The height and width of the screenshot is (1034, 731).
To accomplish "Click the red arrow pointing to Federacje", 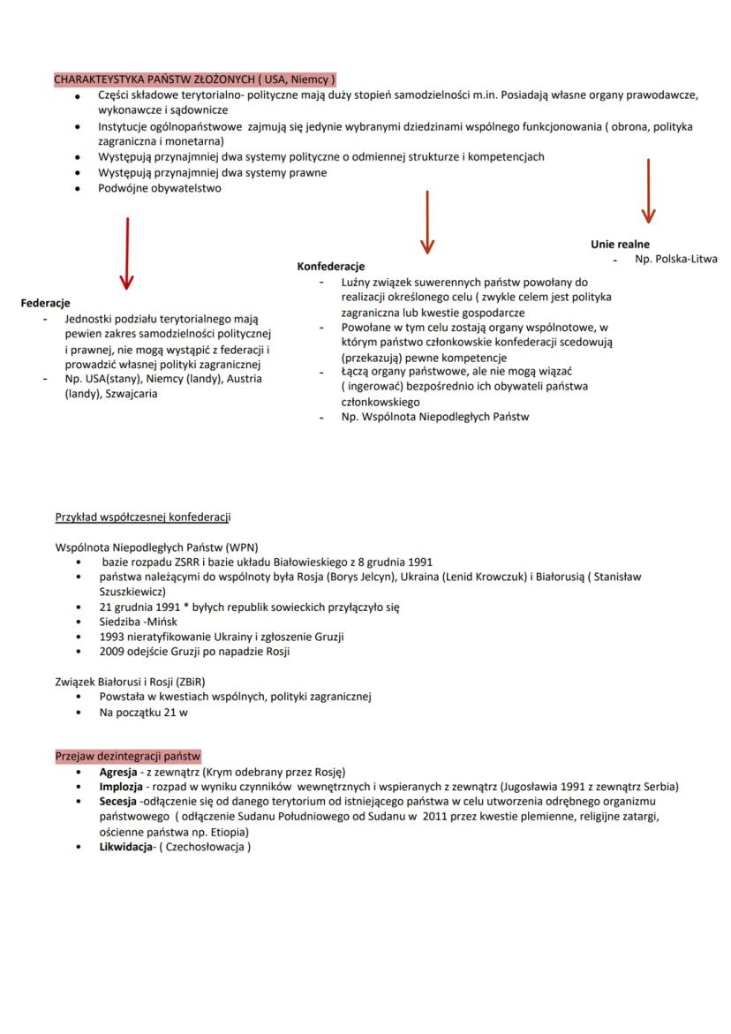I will pos(127,253).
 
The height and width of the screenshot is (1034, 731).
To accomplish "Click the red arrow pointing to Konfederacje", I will pos(427,222).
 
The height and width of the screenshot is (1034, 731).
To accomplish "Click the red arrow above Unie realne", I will pos(648,191).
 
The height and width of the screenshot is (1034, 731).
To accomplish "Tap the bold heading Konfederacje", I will pos(331,266).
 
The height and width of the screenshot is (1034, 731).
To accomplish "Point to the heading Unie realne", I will pos(620,244).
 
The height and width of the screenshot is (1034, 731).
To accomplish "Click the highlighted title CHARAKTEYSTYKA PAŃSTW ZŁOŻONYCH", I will pos(194,79).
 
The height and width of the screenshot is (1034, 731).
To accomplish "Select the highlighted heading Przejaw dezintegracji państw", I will pos(128,757).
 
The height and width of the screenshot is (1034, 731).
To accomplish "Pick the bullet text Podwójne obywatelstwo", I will pos(160,188).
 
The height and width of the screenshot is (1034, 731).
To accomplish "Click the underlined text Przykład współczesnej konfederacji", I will pos(143,517).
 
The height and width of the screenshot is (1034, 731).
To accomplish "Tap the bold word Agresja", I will pos(117,772).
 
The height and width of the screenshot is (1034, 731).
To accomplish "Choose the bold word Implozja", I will pos(121,787).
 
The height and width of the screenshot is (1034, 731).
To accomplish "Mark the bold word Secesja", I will pos(118,802).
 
